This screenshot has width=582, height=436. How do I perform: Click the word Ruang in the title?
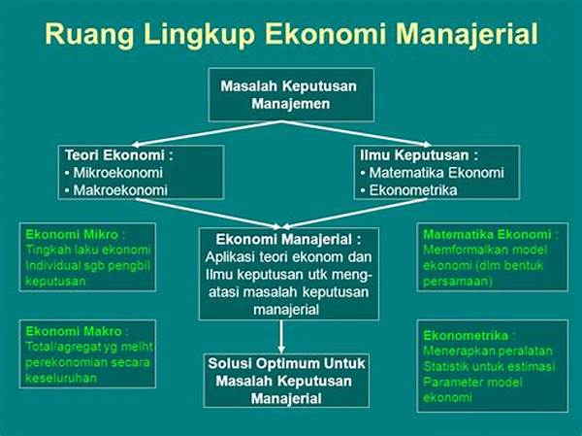click(89, 35)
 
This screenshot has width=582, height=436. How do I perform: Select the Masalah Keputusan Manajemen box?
click(291, 95)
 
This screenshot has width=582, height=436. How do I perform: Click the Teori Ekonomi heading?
click(119, 155)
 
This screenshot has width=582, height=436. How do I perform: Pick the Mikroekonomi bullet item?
click(113, 173)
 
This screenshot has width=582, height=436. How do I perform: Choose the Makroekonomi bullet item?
click(116, 190)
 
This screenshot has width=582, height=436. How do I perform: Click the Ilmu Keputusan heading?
click(419, 155)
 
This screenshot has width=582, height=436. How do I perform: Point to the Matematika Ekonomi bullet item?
click(433, 173)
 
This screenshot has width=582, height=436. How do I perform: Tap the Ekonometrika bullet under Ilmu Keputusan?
click(409, 190)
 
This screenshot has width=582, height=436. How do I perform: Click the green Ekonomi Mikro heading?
click(76, 234)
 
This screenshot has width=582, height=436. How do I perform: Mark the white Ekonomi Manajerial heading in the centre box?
click(288, 240)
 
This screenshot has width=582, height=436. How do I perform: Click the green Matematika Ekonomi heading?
click(490, 234)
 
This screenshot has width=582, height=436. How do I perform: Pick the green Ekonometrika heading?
click(469, 336)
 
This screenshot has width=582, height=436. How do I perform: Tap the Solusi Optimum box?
click(286, 381)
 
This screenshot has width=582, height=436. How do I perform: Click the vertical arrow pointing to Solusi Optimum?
click(281, 336)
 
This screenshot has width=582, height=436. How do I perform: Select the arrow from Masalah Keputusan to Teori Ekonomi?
click(208, 133)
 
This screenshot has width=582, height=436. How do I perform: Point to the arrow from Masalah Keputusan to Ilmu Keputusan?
click(356, 133)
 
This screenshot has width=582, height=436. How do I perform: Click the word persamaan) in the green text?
click(458, 282)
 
